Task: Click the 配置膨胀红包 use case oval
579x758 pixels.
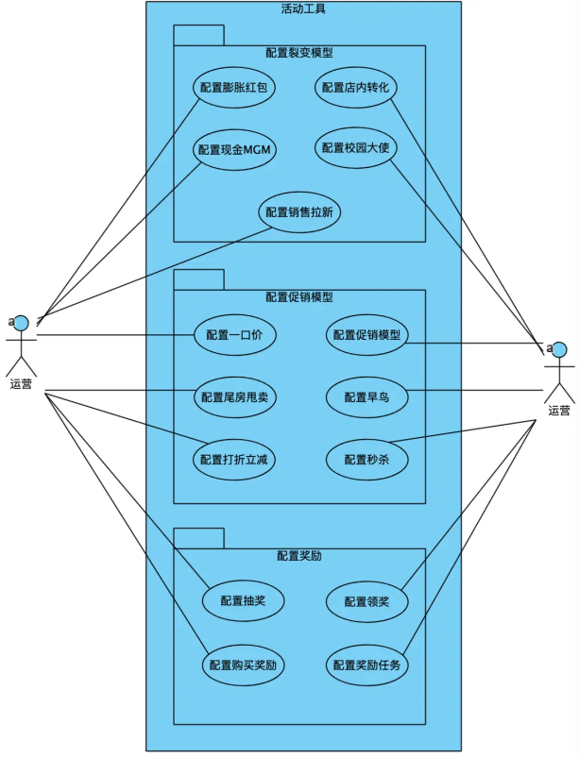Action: (x=234, y=88)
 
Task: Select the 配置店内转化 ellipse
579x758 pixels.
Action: (x=355, y=88)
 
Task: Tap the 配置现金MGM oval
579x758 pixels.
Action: (x=234, y=150)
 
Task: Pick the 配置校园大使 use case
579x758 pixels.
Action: (x=355, y=147)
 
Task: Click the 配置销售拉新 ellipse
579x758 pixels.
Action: (x=299, y=212)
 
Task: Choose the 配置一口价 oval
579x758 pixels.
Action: (x=234, y=335)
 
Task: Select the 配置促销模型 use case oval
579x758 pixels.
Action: (x=366, y=335)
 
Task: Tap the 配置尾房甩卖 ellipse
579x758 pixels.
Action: (x=234, y=397)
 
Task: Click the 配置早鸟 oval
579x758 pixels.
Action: (x=366, y=397)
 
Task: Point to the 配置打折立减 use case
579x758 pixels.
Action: (x=234, y=460)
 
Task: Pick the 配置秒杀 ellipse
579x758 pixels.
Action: (x=366, y=460)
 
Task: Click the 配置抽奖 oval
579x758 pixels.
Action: (x=243, y=600)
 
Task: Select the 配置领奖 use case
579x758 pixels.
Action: (x=366, y=600)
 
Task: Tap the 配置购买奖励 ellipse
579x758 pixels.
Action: (x=243, y=665)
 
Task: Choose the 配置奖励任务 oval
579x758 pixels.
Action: (x=366, y=665)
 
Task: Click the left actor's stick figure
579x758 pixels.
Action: (x=21, y=345)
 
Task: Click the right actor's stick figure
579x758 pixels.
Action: (x=559, y=371)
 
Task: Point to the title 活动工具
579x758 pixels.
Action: (x=303, y=9)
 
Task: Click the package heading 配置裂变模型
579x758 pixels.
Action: (x=299, y=53)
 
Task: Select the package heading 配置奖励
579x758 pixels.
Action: (x=299, y=556)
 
